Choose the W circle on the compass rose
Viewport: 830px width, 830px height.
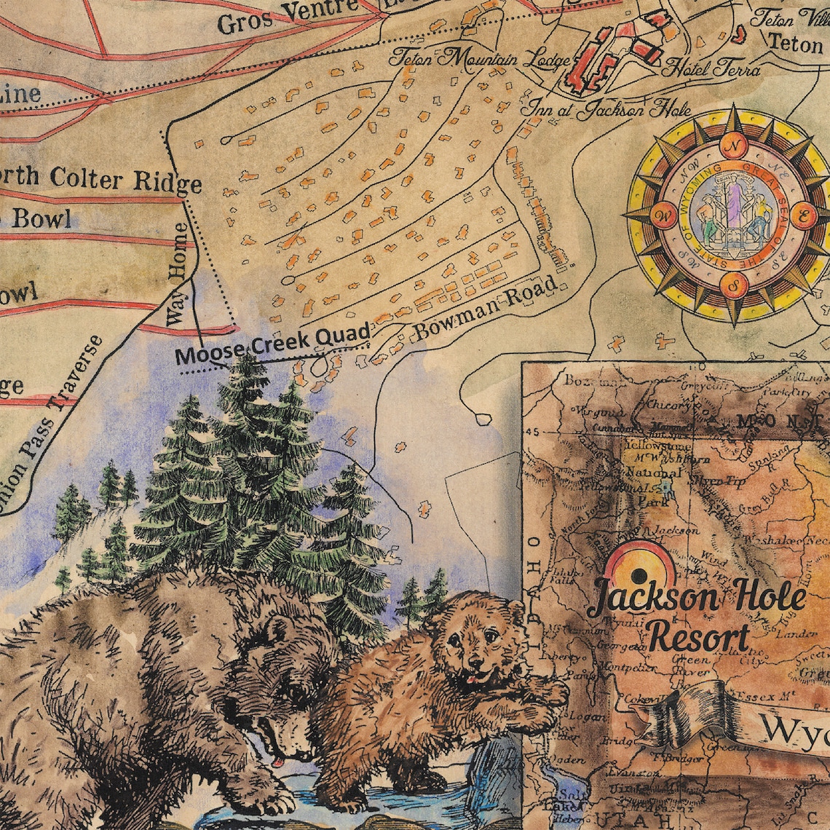pyautogui.click(x=665, y=215)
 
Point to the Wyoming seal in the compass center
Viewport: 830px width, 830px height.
pyautogui.click(x=733, y=215)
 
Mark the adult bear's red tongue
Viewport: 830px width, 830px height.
pyautogui.click(x=278, y=763)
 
